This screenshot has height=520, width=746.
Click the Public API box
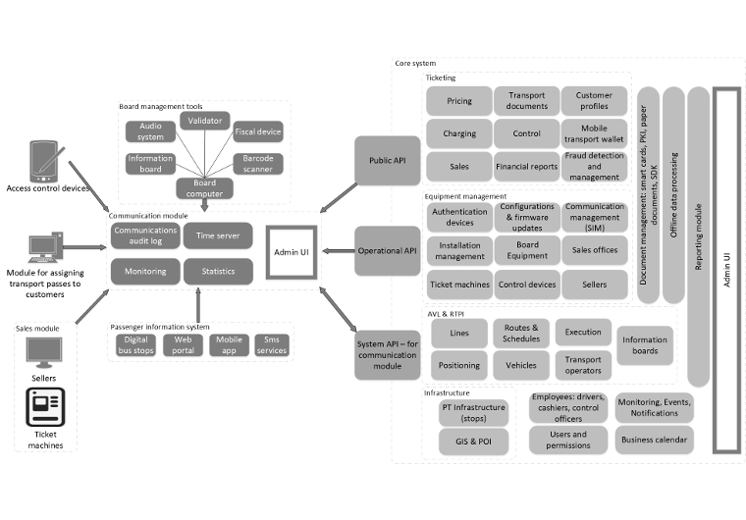pos(386,161)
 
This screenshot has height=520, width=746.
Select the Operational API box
pos(386,251)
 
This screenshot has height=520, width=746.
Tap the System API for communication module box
pos(386,351)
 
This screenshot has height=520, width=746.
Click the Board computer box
pos(204,186)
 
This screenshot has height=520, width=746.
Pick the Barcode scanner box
pos(258,164)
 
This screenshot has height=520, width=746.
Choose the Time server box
pos(218,235)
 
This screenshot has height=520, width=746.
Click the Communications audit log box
pos(143,235)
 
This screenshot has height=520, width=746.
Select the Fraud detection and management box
pos(594,166)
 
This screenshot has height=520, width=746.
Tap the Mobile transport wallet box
pos(594,133)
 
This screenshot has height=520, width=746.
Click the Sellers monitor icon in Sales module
pos(43,352)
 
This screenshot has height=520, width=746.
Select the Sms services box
pos(271,345)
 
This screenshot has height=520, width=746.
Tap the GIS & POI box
pos(473,441)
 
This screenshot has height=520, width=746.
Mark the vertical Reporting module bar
pos(698,235)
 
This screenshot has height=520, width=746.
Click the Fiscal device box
pos(258,130)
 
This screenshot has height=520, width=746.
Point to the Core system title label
pos(415,64)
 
